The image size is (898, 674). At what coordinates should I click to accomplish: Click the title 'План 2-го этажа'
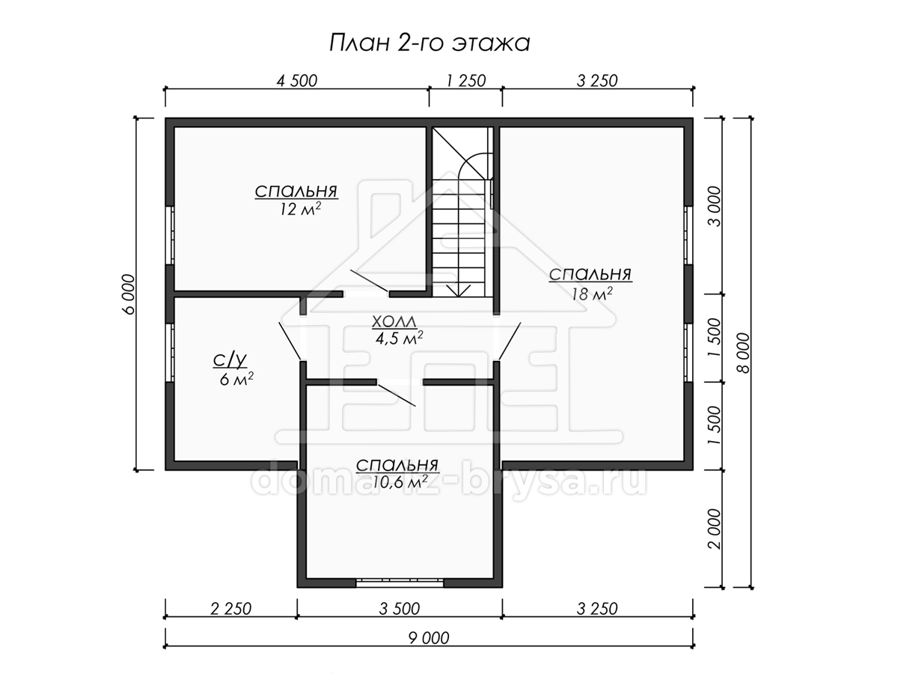pos(429,43)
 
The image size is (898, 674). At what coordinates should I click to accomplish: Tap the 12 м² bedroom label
pos(296,200)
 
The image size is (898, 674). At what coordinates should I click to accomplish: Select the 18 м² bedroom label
pos(590,284)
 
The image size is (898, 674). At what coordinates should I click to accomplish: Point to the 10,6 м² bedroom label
pos(397,474)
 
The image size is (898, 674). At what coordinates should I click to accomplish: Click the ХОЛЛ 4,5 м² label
pos(397,330)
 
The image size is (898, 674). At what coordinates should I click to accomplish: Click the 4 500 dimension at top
pos(297,81)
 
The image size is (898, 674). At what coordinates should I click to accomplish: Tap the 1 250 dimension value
pos(466,81)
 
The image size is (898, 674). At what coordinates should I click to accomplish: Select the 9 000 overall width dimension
pos(429,638)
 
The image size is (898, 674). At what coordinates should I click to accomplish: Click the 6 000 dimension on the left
pos(128,294)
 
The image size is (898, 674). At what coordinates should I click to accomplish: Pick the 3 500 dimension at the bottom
pos(400,609)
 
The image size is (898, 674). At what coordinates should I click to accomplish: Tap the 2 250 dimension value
pos(230,609)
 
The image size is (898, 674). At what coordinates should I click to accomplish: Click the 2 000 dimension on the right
pos(715,529)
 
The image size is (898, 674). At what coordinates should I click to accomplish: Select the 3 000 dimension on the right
pos(715,206)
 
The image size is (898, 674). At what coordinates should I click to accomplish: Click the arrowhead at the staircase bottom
pos(458,291)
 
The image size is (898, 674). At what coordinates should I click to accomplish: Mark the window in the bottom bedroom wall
pos(400,583)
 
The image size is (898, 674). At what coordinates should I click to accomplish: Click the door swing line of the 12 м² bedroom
pos(369,281)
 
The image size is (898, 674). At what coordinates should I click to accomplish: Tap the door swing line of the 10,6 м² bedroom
pos(397,394)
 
